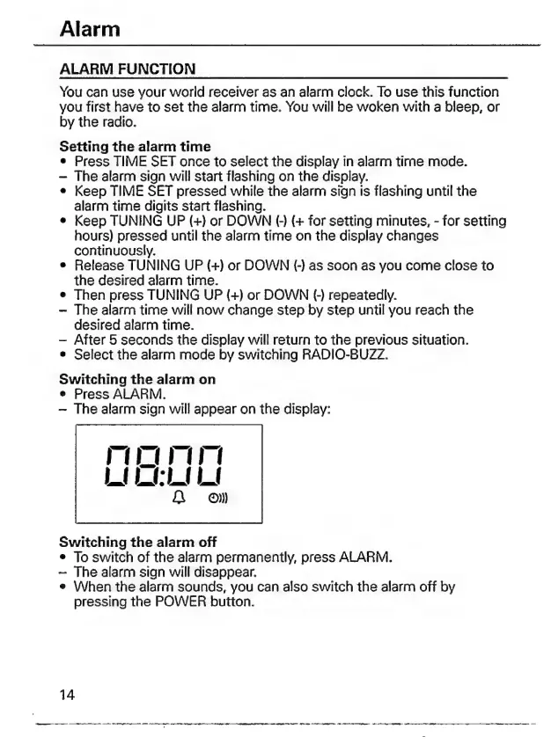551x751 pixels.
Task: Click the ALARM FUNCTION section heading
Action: (128, 69)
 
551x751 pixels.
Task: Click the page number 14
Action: (67, 695)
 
